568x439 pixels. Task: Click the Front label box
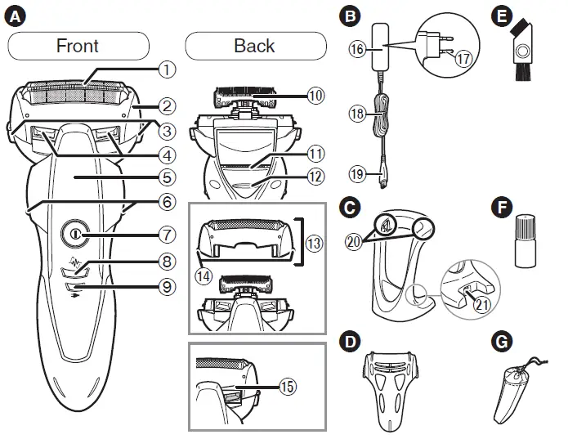78,45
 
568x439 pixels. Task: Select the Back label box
254,45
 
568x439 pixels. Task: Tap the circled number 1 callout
167,69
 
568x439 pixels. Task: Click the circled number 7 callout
167,235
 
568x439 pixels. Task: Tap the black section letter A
14,15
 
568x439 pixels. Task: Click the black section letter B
351,15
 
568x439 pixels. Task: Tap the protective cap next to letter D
393,387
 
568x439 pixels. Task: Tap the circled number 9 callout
167,286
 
